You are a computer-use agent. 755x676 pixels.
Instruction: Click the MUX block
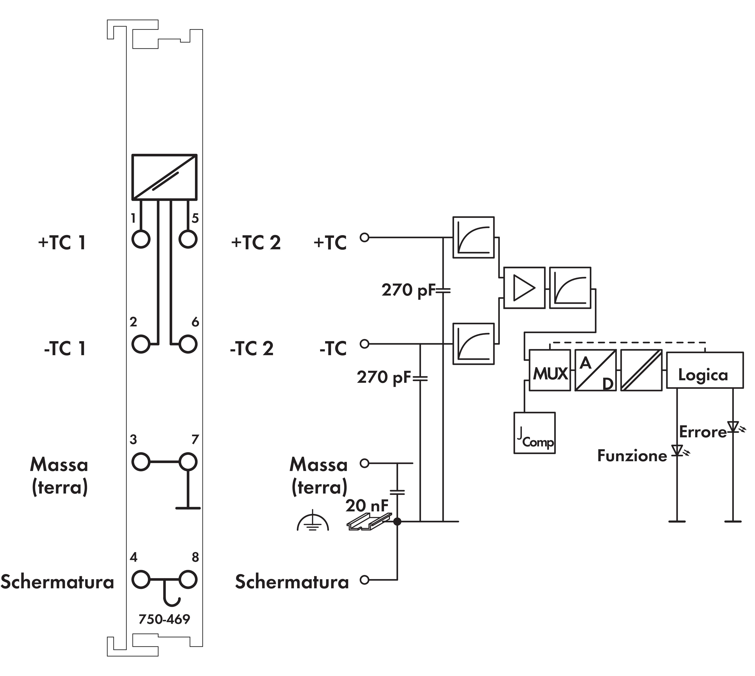[549, 370]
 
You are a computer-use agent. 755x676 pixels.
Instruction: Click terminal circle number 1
[141, 239]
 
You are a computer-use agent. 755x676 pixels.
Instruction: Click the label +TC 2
[256, 243]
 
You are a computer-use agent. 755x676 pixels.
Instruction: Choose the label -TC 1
[65, 348]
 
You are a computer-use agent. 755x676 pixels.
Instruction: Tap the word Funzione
[632, 456]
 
